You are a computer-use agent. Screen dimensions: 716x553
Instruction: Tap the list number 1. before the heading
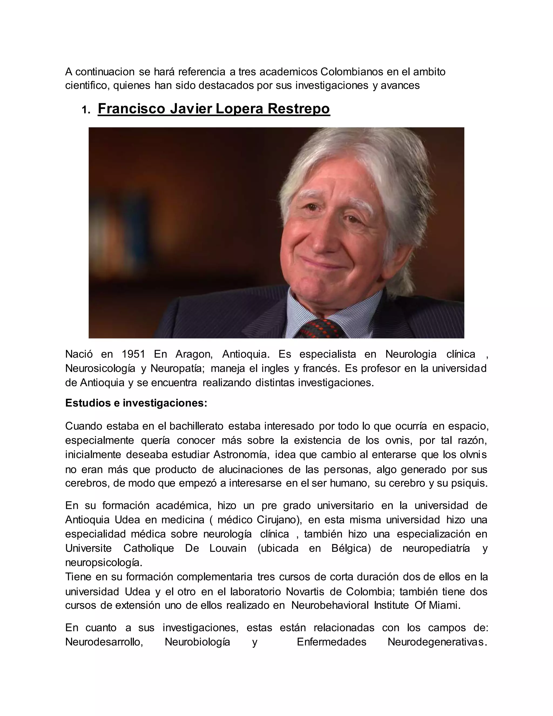pyautogui.click(x=86, y=111)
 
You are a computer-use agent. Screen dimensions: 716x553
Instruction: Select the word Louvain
pyautogui.click(x=228, y=548)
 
